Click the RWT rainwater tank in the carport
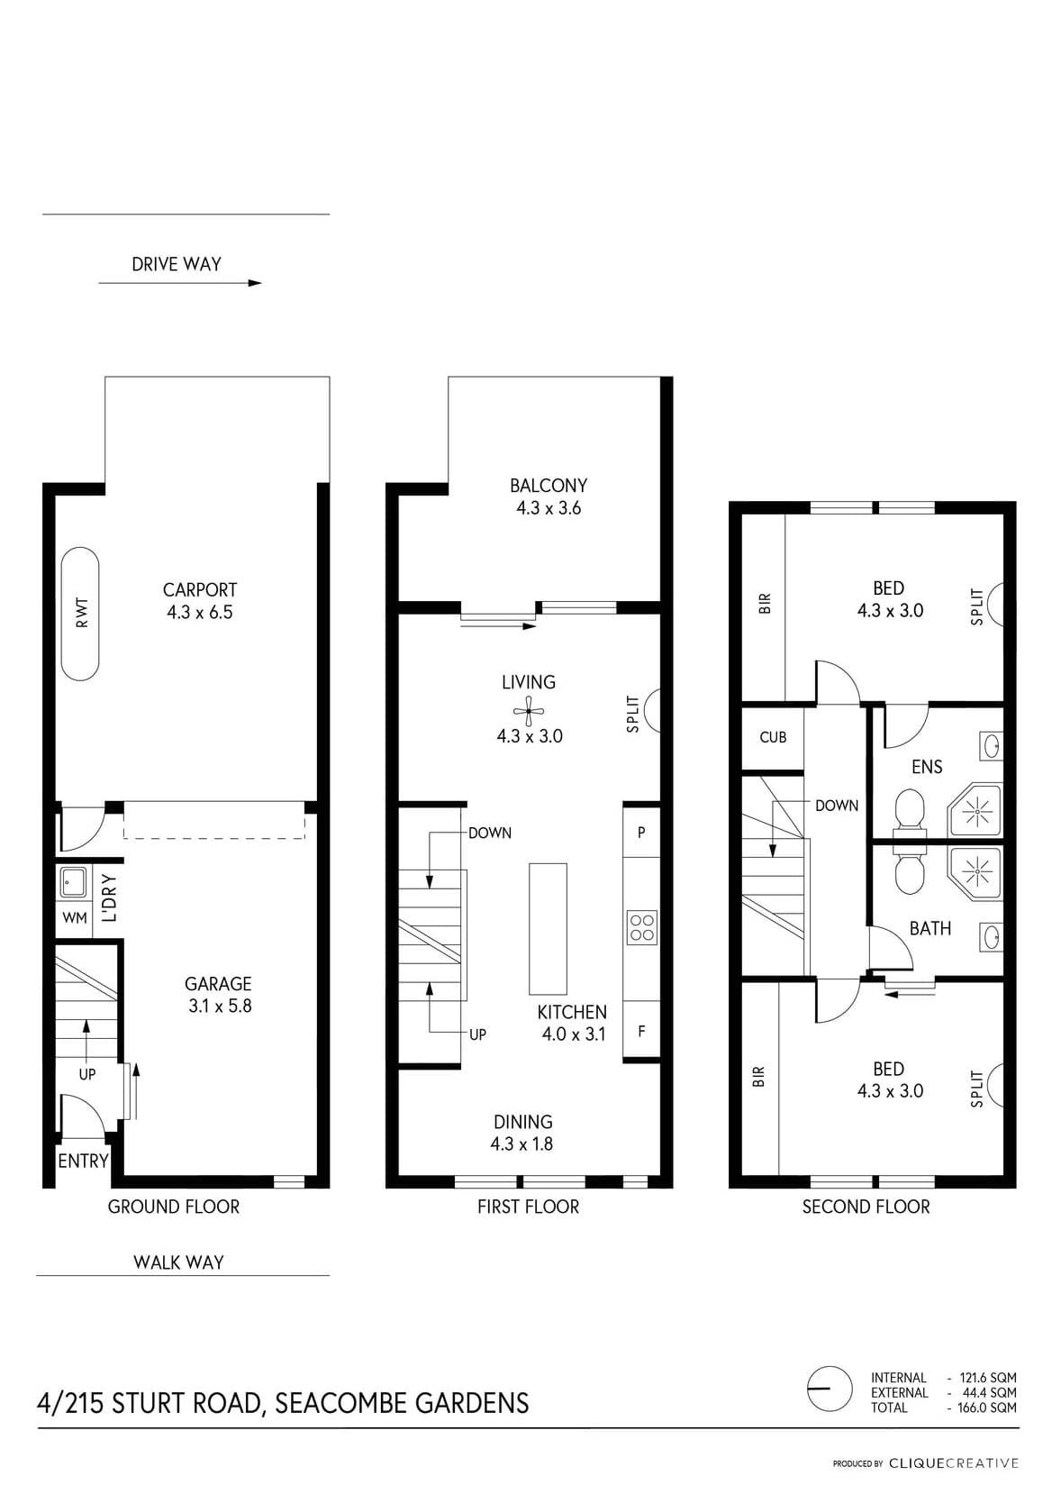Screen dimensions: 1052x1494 (80, 614)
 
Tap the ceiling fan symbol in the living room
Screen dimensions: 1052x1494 (529, 711)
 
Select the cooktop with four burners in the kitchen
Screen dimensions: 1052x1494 (642, 927)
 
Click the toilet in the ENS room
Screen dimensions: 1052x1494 (910, 814)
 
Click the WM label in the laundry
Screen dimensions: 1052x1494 (75, 918)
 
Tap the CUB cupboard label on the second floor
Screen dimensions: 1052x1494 (773, 738)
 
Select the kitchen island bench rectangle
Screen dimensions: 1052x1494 (548, 929)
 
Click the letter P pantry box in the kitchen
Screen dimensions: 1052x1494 (641, 833)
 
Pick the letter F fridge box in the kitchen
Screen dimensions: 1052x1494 (641, 1032)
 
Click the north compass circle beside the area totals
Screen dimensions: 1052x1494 (829, 1389)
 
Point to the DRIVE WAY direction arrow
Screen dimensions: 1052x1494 (180, 283)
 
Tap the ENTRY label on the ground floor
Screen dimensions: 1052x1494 (83, 1161)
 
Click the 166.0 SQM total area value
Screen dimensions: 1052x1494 (988, 1408)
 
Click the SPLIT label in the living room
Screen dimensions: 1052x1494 (632, 715)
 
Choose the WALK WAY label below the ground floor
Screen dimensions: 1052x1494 (178, 1262)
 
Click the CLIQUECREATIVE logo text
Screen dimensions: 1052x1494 (954, 1464)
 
